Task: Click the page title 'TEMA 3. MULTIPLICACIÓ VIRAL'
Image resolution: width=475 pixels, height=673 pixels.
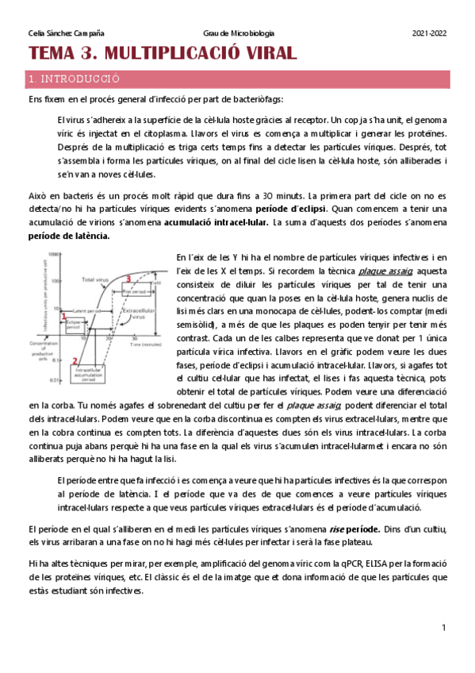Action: click(163, 54)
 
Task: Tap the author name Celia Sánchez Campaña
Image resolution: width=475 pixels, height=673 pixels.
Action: click(66, 33)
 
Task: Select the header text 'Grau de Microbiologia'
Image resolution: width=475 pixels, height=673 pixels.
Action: click(239, 33)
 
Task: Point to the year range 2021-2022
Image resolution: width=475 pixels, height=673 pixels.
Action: click(429, 33)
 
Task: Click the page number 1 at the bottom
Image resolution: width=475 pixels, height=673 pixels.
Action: click(444, 628)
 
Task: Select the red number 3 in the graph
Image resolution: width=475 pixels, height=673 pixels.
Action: click(128, 278)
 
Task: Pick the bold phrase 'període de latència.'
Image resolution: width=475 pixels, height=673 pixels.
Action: click(70, 236)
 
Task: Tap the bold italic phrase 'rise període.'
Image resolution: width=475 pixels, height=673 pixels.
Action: click(349, 529)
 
